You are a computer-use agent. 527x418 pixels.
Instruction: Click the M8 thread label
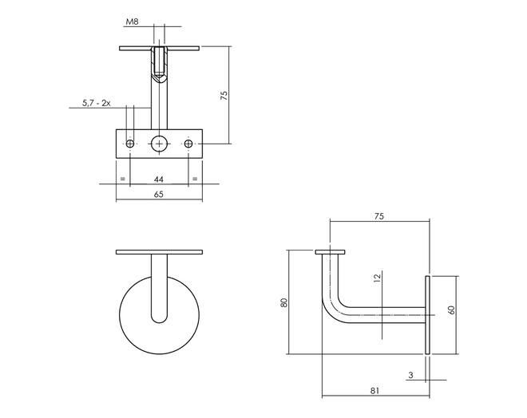coord(132,22)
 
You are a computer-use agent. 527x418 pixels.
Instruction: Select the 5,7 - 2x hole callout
coord(97,103)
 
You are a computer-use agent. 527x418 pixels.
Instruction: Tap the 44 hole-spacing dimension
coord(159,179)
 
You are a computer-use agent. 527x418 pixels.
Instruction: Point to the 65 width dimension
coord(159,195)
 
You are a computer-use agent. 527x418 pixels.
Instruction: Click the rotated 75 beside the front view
coord(224,96)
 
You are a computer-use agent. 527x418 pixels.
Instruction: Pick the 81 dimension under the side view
coord(374,391)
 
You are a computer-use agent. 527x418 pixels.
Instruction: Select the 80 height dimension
coord(284,302)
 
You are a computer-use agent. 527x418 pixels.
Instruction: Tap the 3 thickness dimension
coord(410,376)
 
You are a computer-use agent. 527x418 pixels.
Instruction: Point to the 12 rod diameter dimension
coord(378,278)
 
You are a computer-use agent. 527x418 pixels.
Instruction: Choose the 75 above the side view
coord(378,216)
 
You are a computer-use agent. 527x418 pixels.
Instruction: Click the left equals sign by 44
coord(123,179)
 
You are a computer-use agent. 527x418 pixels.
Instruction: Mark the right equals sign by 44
coord(195,179)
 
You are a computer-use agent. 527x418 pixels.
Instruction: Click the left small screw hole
coord(130,144)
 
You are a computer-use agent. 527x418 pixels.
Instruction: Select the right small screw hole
coord(188,144)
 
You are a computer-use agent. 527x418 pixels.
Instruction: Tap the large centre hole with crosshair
coord(160,144)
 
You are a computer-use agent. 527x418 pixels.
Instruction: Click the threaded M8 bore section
coord(160,62)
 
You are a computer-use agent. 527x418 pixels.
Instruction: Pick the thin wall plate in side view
coord(427,315)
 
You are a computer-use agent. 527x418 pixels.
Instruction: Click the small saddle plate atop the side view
coord(330,252)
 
